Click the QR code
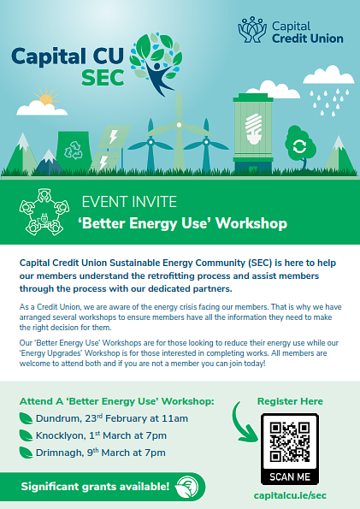click(x=290, y=441)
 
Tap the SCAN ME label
click(x=290, y=476)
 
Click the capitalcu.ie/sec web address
click(x=290, y=495)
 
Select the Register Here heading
click(x=290, y=401)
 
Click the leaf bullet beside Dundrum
click(x=26, y=418)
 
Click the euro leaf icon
click(x=186, y=487)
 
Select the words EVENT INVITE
click(x=129, y=202)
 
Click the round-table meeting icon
click(x=44, y=211)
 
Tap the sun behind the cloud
click(x=47, y=98)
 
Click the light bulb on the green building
click(x=253, y=128)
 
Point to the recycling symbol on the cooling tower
click(x=74, y=150)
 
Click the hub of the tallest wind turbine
click(x=179, y=125)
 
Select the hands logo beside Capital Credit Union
click(x=252, y=30)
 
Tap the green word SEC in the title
click(x=103, y=78)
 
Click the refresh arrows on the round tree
click(x=299, y=147)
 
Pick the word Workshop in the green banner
click(x=251, y=223)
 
